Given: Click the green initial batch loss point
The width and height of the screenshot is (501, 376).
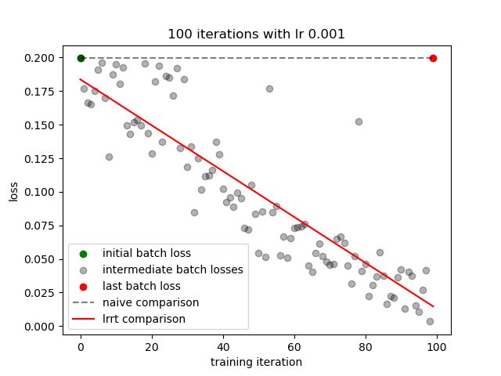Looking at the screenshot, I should click(x=81, y=58).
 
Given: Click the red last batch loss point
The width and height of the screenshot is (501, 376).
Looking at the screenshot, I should click(x=433, y=58).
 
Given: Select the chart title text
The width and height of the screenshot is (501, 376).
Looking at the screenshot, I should click(x=256, y=34).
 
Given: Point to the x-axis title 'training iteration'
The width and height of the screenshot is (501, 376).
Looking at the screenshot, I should click(x=256, y=362).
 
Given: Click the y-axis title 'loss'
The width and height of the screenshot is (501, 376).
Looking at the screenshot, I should click(x=13, y=192).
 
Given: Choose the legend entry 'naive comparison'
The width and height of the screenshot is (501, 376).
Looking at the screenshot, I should click(x=150, y=302).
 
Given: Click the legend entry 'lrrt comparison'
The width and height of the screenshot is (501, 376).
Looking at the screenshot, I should click(x=144, y=319).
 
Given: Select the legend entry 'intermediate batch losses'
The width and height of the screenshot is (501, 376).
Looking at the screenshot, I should click(x=172, y=269).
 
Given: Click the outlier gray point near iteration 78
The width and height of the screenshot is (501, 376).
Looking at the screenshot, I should click(x=359, y=121).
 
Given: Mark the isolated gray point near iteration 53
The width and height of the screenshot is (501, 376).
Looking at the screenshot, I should click(x=269, y=89).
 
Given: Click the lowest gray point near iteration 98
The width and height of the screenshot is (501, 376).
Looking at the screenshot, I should click(x=430, y=321).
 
